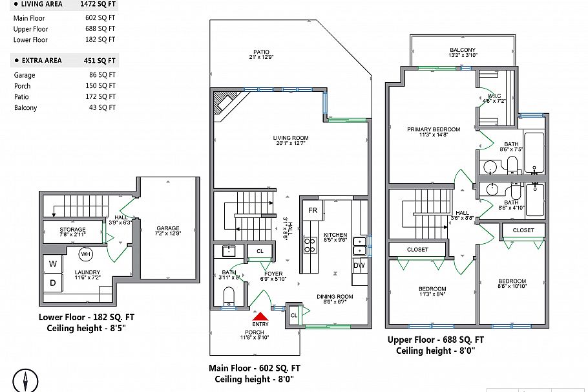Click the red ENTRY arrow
click(260, 316)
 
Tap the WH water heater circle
click(85, 253)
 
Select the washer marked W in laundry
click(52, 264)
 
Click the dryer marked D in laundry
click(52, 283)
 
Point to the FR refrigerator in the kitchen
click(312, 211)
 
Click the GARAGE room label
click(167, 228)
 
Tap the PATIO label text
click(261, 52)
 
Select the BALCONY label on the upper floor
click(463, 50)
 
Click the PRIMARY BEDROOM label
click(433, 129)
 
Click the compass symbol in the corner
click(25, 380)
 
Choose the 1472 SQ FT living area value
click(98, 4)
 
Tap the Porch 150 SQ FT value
click(100, 86)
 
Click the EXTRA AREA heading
click(42, 61)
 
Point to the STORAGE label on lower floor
click(72, 230)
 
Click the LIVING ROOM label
click(290, 138)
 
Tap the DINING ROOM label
click(334, 297)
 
